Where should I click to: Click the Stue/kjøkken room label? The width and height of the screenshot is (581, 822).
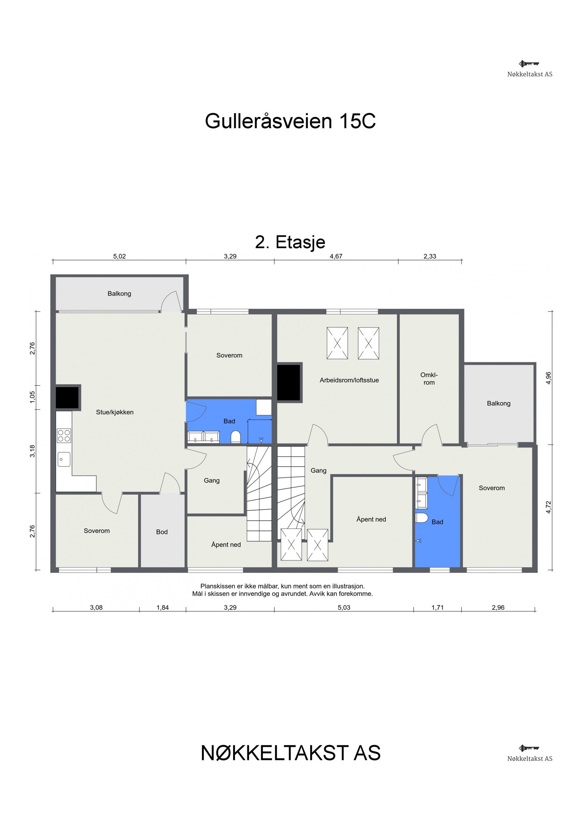(115, 412)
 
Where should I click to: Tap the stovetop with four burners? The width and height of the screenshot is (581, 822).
(64, 435)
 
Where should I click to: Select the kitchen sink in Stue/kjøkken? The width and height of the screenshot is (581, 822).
(64, 459)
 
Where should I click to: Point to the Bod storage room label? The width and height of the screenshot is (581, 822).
(162, 532)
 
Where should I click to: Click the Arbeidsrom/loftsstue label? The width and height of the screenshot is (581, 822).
(349, 380)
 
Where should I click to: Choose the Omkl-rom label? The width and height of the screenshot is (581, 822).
(429, 378)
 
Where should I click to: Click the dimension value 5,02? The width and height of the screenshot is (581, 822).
(119, 256)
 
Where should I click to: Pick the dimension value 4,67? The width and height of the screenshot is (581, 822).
(336, 256)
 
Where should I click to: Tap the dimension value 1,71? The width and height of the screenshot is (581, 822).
(437, 607)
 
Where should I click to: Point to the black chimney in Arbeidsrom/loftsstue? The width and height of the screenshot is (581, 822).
(289, 382)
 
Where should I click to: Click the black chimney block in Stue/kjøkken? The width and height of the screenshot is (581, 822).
(67, 397)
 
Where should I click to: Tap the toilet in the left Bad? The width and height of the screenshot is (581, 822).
(235, 437)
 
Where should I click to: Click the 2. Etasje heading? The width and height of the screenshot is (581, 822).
(290, 242)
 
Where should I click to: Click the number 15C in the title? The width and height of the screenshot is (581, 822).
(357, 121)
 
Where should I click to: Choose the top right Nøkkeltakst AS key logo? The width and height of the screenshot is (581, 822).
(529, 64)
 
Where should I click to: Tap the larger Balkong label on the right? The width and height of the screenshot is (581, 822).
(498, 403)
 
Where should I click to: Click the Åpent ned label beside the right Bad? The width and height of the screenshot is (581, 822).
(371, 519)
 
